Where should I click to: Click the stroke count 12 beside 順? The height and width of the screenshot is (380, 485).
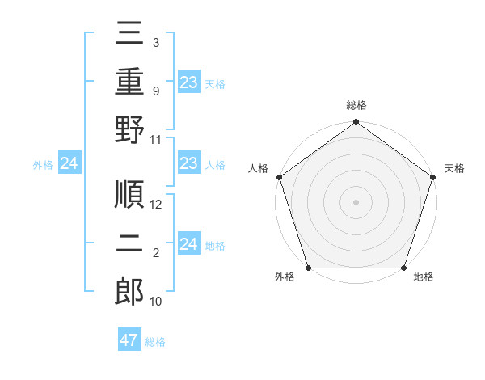157,205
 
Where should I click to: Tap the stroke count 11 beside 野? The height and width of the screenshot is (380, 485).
157,139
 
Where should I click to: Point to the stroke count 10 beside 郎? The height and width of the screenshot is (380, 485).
157,302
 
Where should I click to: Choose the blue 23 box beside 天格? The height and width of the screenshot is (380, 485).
189,82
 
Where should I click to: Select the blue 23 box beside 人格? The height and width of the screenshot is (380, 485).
189,164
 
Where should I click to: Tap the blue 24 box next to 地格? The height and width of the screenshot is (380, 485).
189,244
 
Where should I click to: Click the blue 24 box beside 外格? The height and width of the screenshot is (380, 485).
70,164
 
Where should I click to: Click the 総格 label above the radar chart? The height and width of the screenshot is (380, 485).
356,105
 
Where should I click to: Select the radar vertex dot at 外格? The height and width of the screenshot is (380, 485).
308,268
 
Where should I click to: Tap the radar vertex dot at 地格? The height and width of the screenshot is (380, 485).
404,268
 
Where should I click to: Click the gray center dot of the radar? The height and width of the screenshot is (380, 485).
356,201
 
